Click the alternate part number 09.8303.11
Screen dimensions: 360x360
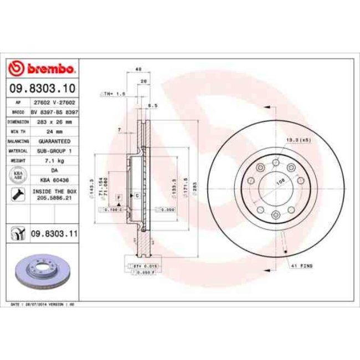[54, 234]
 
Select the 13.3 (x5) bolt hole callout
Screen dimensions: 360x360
[297, 141]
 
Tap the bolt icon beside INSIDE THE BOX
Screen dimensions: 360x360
[18, 194]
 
